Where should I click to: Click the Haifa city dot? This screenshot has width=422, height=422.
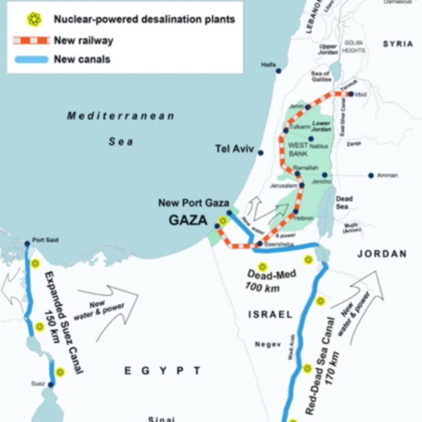coord(279,71)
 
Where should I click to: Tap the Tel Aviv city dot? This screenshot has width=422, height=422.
coord(260,153)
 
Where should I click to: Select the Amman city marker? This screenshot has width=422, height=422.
coord(371,175)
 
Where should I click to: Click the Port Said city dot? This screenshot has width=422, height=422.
coord(27,243)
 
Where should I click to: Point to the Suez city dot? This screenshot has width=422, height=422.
coord(51,385)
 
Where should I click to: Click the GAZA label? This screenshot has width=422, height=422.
coord(188,221)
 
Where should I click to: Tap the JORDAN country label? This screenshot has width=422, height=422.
coord(382,254)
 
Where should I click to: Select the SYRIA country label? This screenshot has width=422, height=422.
coord(398,44)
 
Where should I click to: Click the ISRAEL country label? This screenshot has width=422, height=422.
coord(270,315)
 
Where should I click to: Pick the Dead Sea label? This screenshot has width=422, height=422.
coord(344,203)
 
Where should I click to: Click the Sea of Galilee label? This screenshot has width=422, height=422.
coord(320,76)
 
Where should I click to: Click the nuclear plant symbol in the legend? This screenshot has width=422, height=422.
coord(34,20)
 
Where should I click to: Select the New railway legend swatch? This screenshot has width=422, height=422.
coord(32,40)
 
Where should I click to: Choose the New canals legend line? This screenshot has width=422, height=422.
coord(32,59)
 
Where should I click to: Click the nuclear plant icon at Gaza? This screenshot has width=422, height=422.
coord(223,221)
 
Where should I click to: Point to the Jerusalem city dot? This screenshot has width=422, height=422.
coord(302,186)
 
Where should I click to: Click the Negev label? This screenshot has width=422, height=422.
coord(268,345)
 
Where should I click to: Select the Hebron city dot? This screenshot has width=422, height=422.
coord(296,212)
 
